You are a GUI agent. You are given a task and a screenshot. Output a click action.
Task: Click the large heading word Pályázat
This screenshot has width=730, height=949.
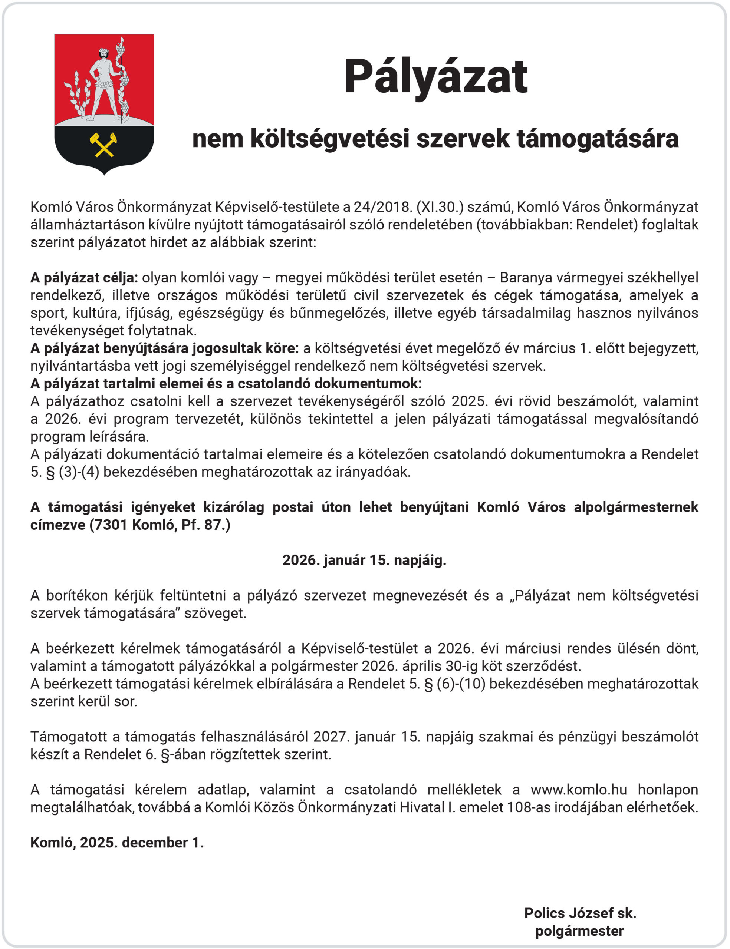point(435,77)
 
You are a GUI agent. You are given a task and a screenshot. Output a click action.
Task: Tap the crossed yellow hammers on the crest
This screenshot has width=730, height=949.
point(103,145)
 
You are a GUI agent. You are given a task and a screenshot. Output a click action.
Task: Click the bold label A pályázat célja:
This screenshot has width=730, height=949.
point(84,277)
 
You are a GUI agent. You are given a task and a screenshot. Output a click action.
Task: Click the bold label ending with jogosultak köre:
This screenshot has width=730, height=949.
point(164,348)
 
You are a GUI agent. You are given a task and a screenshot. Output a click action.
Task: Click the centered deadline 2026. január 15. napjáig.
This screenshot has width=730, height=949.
point(364,560)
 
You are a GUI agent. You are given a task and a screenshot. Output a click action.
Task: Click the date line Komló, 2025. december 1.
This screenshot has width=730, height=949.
point(117,842)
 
